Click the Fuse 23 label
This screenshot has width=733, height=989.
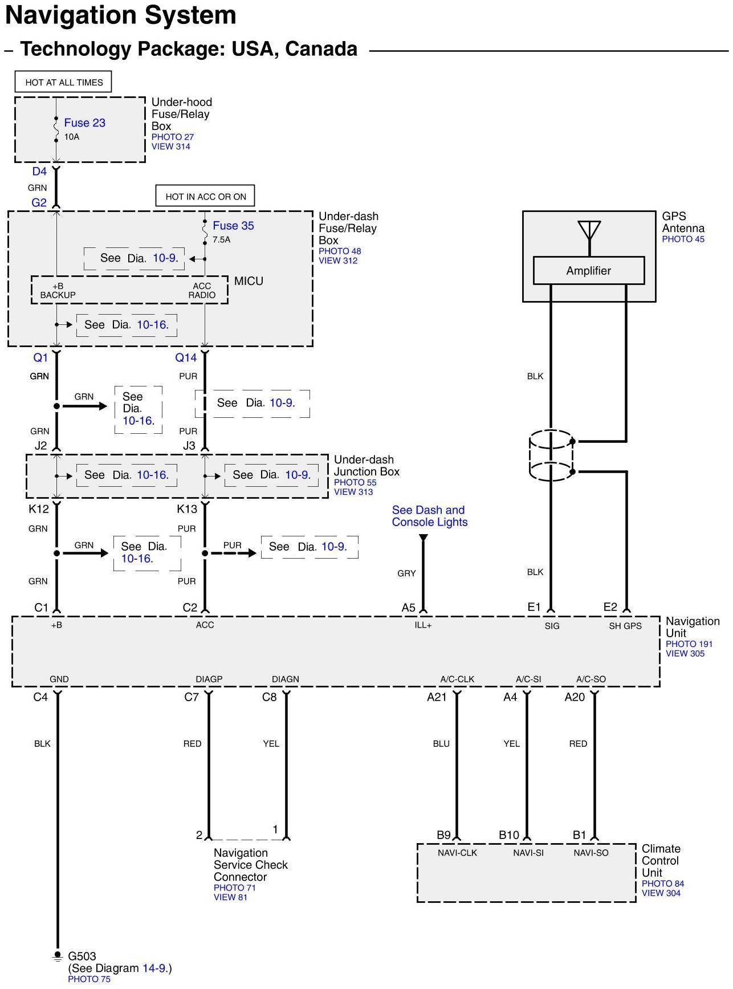[x=84, y=123]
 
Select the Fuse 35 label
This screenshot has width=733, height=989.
[x=233, y=226]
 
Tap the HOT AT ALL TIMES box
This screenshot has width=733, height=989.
[x=63, y=82]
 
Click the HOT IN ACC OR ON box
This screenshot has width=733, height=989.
[x=205, y=197]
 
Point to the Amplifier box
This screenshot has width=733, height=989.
[x=588, y=271]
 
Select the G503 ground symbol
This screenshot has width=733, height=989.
[x=57, y=957]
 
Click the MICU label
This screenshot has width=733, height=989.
[x=249, y=281]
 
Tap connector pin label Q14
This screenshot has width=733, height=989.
[x=186, y=358]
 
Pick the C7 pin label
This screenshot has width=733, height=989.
[x=192, y=697]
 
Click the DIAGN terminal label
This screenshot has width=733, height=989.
[x=285, y=679]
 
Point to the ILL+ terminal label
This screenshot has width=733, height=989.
[x=423, y=625]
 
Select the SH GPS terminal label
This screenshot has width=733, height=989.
[x=625, y=626]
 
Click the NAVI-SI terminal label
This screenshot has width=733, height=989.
[x=528, y=853]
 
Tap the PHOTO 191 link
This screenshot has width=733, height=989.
[x=689, y=644]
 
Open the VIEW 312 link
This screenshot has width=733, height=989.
[x=337, y=261]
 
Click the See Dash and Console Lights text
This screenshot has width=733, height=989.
[x=429, y=516]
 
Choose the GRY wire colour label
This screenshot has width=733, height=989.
[x=406, y=573]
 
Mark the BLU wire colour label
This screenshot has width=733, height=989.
[x=441, y=744]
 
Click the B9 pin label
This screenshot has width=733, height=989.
[x=443, y=835]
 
